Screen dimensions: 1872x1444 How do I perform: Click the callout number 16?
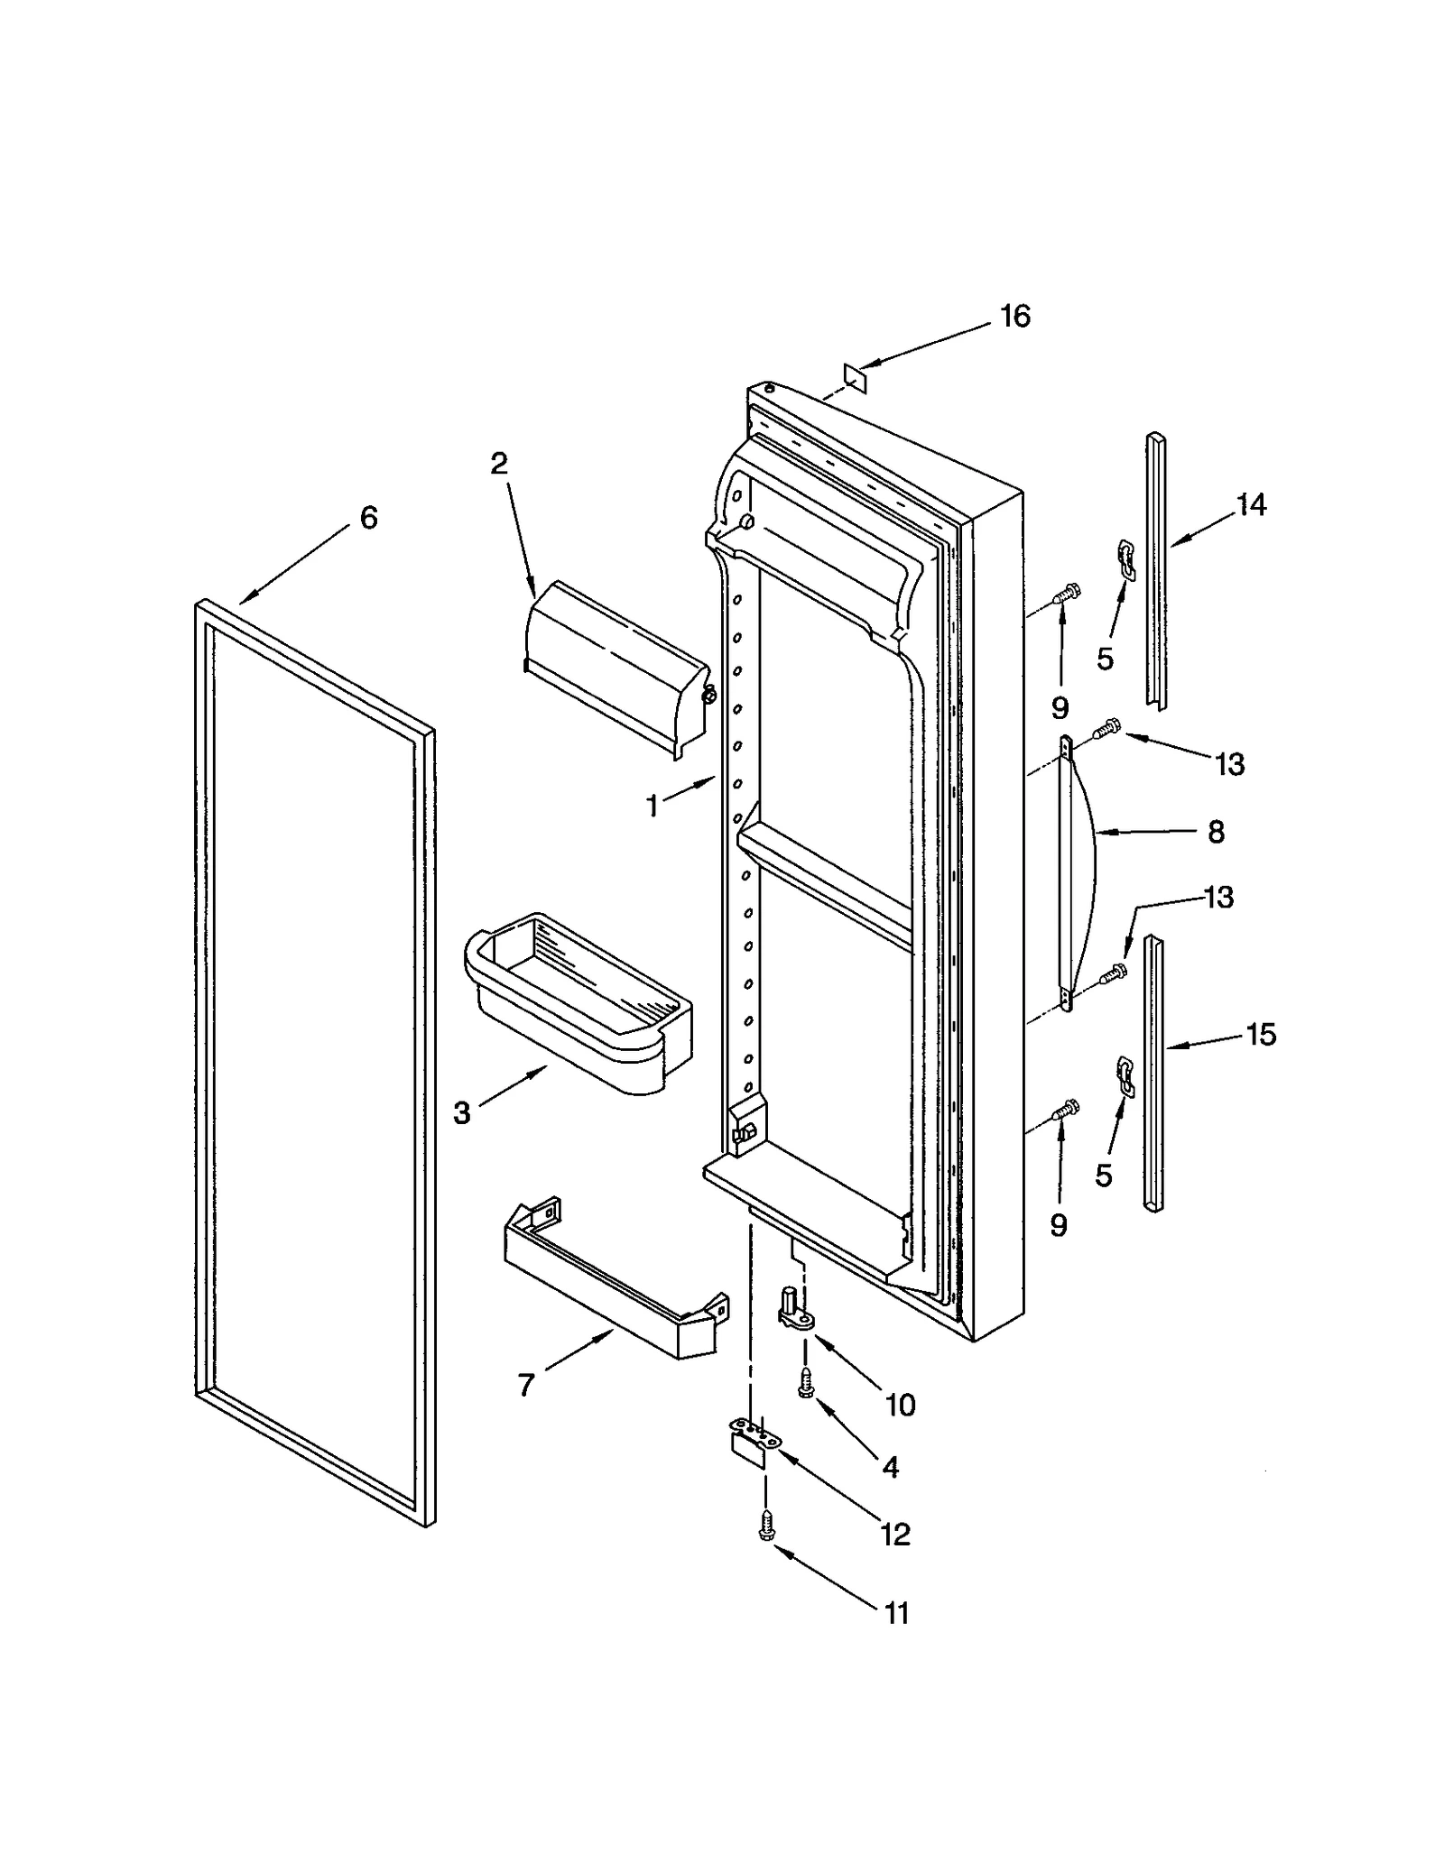[x=1014, y=316]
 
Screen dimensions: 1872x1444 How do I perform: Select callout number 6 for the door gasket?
[x=368, y=518]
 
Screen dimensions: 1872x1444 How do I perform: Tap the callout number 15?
[x=1261, y=1034]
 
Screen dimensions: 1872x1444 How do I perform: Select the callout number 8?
[x=1216, y=832]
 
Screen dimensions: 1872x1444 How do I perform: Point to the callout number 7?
[x=526, y=1384]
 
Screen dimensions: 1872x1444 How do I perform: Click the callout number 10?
[x=900, y=1405]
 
